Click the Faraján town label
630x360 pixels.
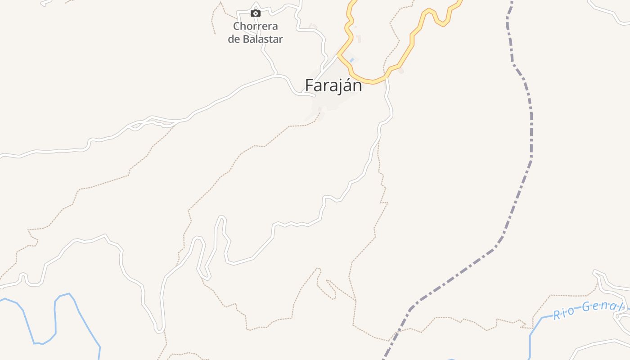click(333, 85)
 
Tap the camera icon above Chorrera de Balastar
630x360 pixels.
click(256, 13)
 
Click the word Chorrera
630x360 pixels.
click(256, 26)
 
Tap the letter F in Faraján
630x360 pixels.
click(309, 85)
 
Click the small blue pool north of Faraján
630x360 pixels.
click(351, 60)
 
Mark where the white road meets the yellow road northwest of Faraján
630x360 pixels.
click(338, 55)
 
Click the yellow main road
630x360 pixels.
click(410, 45)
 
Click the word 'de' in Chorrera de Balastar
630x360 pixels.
click(234, 39)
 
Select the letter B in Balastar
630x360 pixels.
click(247, 39)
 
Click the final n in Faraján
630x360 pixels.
click(357, 85)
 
